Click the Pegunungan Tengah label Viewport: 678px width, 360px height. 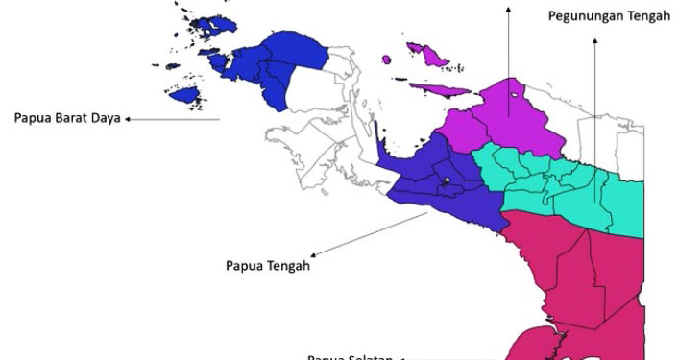click(x=609, y=16)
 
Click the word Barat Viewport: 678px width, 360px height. click(x=73, y=118)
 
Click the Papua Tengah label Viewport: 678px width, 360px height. click(x=268, y=266)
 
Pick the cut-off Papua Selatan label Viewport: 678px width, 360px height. click(x=350, y=357)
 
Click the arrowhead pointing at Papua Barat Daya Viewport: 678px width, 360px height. click(x=128, y=119)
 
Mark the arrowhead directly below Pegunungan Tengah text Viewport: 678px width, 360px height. click(x=594, y=42)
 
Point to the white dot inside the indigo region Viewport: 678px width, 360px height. click(x=447, y=180)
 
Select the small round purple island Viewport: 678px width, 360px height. click(x=386, y=60)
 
